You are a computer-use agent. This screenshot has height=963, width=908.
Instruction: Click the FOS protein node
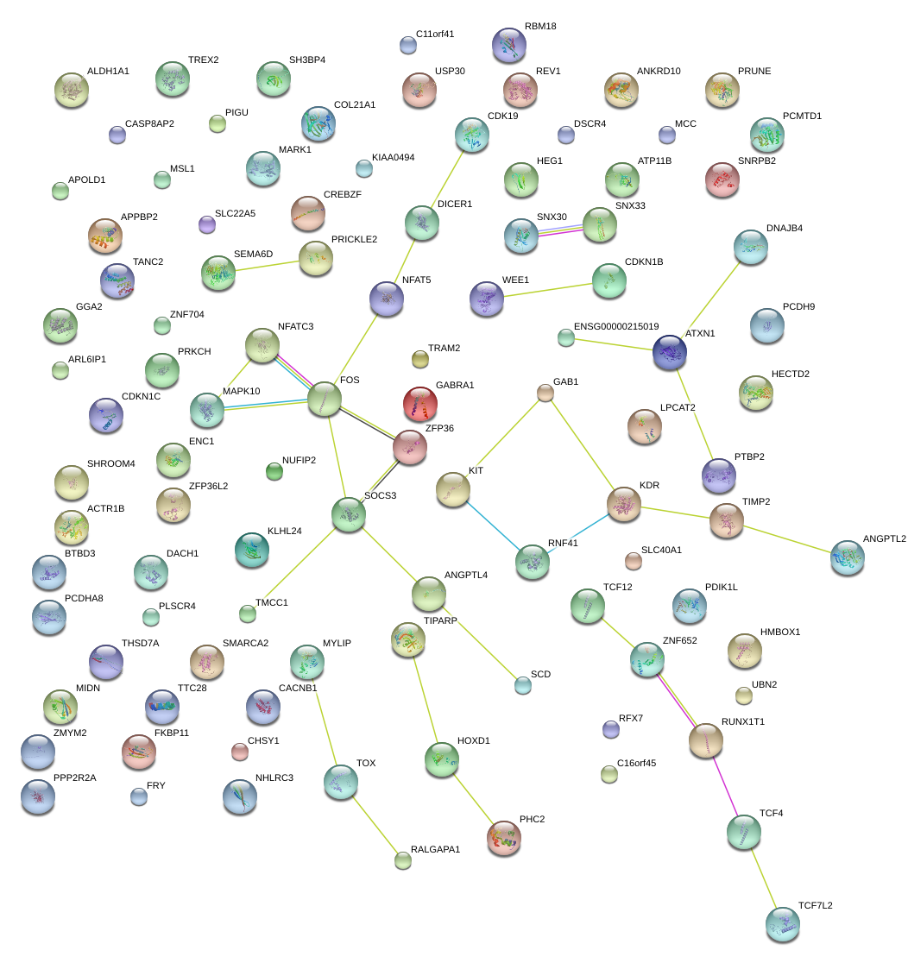click(x=325, y=399)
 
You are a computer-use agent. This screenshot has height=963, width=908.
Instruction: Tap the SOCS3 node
click(x=349, y=513)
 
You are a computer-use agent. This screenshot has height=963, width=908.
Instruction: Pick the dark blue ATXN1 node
click(x=669, y=351)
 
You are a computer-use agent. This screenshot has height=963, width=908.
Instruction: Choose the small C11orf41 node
click(x=408, y=44)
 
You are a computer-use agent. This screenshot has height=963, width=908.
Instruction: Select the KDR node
click(x=623, y=504)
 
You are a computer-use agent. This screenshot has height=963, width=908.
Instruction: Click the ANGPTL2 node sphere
click(x=847, y=557)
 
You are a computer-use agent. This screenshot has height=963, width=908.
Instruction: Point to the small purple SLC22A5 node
click(x=206, y=224)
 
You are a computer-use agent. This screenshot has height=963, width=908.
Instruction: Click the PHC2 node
click(x=504, y=837)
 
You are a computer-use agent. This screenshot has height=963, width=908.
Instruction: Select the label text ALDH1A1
click(x=108, y=71)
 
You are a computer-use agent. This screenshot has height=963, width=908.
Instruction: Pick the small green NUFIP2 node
click(x=274, y=470)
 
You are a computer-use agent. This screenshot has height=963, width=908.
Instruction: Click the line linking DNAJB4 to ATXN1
click(x=710, y=298)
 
